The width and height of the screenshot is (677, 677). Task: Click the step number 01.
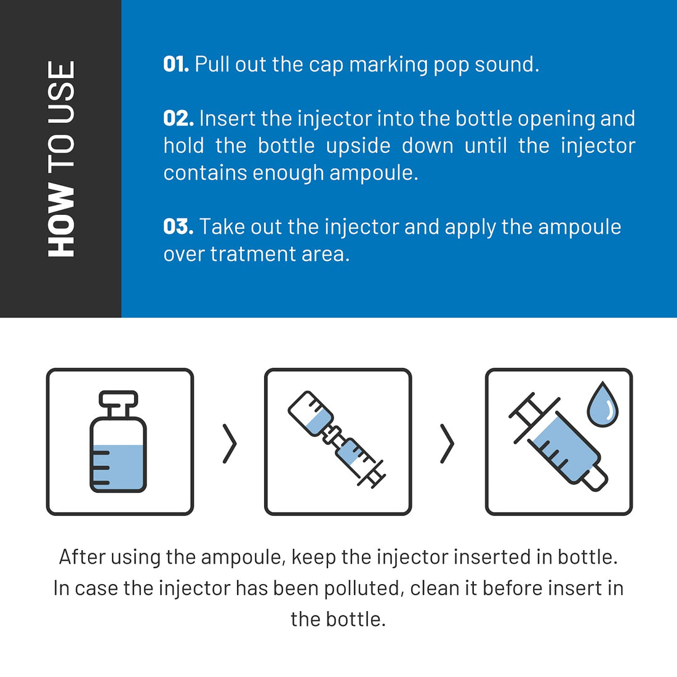click(x=175, y=64)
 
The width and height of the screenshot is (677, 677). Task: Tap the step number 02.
click(x=178, y=118)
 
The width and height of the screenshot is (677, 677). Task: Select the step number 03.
click(x=178, y=226)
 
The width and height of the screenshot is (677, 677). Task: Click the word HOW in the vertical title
click(x=61, y=220)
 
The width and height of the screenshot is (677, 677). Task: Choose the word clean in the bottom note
click(x=435, y=588)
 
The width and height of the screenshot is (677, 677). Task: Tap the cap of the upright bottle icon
click(x=118, y=400)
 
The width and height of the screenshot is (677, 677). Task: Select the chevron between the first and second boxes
click(x=230, y=443)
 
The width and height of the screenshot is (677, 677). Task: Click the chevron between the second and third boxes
click(x=447, y=443)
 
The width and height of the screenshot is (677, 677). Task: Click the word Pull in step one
click(x=212, y=65)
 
